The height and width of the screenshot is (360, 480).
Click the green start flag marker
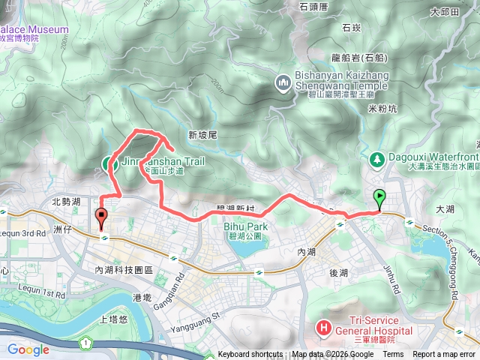(x=379, y=198)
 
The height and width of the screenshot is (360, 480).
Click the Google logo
(x=28, y=349)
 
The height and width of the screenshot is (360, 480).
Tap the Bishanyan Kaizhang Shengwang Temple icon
(x=284, y=81)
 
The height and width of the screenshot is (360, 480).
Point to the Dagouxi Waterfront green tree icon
(x=376, y=158)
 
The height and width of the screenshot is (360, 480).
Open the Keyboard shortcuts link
(x=250, y=355)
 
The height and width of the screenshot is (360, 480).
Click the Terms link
(x=393, y=355)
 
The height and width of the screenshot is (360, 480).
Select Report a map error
(x=445, y=355)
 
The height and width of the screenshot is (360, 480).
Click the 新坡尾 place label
(x=202, y=135)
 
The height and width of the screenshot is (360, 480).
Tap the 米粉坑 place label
(x=382, y=108)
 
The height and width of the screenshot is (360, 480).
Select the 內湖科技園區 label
(x=124, y=269)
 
